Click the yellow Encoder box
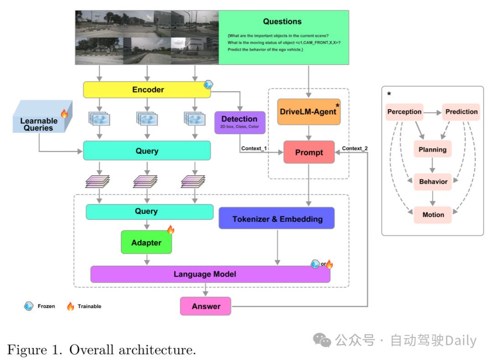147,90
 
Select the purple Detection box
240,122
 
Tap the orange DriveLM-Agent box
309,112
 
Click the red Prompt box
309,152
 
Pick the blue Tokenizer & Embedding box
277,218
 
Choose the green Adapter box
146,243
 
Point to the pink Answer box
205,306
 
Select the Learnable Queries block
39,124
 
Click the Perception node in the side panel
404,112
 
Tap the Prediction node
461,112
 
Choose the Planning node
432,149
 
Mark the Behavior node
433,182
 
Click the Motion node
433,214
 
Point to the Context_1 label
254,149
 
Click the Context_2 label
355,148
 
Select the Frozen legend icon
29,306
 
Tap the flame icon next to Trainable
71,306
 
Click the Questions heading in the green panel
282,22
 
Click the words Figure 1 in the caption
33,350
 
